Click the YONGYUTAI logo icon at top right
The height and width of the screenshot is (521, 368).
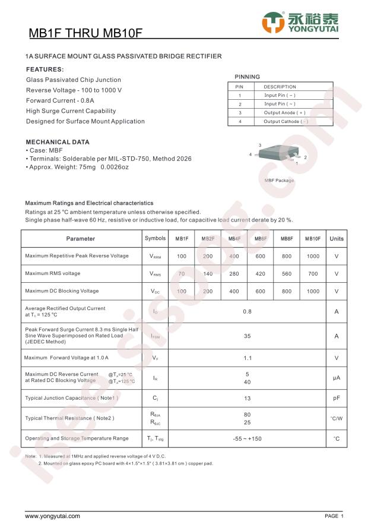coord(274,22)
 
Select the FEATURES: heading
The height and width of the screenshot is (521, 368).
coord(45,69)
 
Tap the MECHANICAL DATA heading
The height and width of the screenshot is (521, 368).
coord(58,142)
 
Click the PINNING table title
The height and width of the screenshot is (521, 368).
coord(247,77)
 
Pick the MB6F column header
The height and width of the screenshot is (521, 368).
coord(261,239)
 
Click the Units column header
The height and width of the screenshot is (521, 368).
coord(337,239)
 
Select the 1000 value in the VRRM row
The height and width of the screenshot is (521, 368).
coord(313,257)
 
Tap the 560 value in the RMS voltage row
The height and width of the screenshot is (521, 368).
coord(287,274)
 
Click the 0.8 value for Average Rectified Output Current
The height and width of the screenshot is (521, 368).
coord(247,311)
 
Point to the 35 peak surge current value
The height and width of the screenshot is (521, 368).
coord(247,336)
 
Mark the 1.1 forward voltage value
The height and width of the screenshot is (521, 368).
coord(247,358)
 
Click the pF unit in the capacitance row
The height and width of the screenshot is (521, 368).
coord(337,398)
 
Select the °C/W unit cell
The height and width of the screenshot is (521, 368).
coord(337,418)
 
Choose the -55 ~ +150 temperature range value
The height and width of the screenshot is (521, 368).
coord(247,438)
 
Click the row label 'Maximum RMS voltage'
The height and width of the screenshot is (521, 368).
coord(53,274)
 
